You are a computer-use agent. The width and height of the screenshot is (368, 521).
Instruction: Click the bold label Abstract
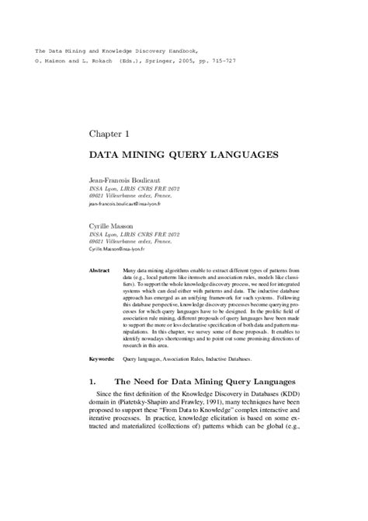point(99,269)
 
